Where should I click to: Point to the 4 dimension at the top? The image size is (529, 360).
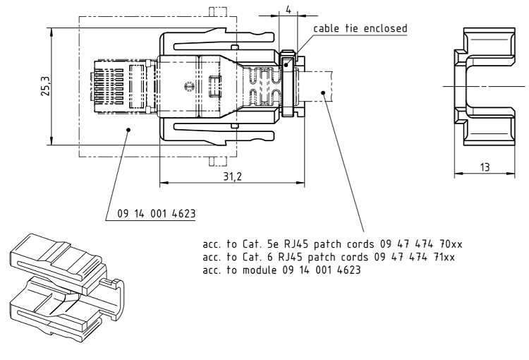[288, 9]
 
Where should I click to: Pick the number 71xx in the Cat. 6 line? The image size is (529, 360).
[442, 256]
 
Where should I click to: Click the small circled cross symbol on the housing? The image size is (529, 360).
[188, 86]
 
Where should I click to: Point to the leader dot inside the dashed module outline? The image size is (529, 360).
[129, 128]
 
